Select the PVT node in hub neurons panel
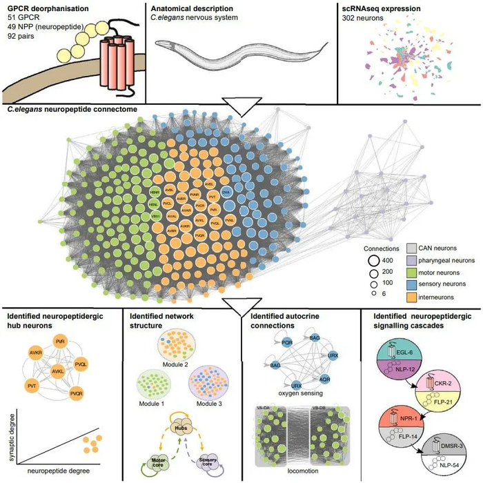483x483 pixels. coord(32,383)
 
